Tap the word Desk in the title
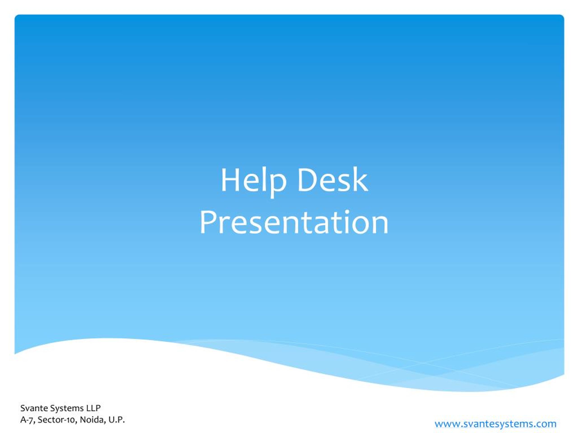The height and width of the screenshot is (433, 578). point(333,180)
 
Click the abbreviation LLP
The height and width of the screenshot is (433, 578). point(93,408)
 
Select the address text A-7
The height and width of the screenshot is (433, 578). point(28,420)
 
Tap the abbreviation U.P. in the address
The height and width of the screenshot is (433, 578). point(117,420)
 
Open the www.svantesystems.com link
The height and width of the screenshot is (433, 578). point(495,424)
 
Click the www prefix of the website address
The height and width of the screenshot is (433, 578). point(448,424)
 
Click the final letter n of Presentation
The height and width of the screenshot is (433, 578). point(381,226)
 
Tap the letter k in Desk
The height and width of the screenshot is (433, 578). point(361,180)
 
